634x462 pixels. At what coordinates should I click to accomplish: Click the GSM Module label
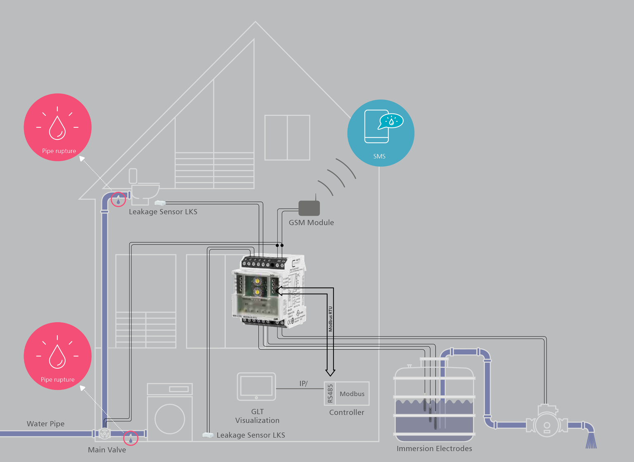[311, 223]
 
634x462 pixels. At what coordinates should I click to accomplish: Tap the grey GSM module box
[309, 208]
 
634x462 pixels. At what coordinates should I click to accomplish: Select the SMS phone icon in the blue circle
[377, 126]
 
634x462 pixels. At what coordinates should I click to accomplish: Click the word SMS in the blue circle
[379, 156]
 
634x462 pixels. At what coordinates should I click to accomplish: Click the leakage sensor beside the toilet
[160, 203]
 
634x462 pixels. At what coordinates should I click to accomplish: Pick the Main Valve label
[107, 450]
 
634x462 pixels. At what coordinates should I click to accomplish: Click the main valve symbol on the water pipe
[105, 434]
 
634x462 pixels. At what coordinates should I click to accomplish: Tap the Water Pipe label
[45, 424]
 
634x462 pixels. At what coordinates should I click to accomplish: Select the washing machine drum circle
[170, 419]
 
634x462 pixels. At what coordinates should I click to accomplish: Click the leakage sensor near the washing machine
[208, 435]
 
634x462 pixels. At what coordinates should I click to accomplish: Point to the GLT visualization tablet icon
[256, 387]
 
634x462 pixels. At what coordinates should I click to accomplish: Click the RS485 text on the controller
[330, 394]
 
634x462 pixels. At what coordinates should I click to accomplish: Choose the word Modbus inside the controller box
[352, 394]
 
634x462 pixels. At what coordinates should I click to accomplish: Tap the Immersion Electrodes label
[434, 449]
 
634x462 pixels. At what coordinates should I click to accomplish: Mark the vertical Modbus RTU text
[330, 319]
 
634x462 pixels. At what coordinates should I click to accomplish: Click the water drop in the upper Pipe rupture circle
[57, 127]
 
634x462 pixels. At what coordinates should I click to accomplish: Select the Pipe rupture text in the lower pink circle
[58, 380]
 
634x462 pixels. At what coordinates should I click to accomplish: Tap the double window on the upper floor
[287, 138]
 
